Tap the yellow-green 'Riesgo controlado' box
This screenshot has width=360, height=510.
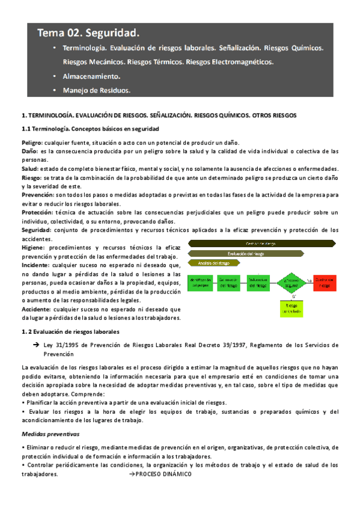pos(291,307)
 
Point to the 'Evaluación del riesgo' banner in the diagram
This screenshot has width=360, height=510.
pos(246,253)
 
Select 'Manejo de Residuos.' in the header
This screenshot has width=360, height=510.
pos(96,91)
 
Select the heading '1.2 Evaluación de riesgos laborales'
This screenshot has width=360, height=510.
pos(70,331)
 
